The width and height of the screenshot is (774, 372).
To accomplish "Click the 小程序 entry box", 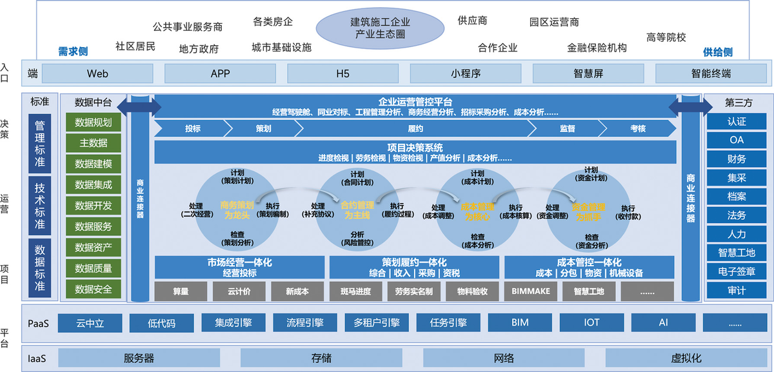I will pos(466,73).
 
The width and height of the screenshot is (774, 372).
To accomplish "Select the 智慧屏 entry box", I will pos(588,73).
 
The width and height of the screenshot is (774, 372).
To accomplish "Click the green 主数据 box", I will pos(94,143).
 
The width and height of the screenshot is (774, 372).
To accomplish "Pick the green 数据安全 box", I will pos(94,289).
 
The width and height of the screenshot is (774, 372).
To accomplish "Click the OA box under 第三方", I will pos(737,140).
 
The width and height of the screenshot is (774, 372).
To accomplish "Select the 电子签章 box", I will pos(737,271).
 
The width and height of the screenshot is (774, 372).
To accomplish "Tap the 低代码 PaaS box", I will pos(161,322).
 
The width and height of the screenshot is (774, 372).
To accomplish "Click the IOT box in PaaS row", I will pos(591,322).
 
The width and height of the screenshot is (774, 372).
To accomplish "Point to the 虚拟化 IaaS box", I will pos(686,358).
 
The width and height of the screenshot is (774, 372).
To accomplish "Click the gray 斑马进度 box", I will pos(355,291).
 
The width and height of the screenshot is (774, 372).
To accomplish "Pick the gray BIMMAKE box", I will pos(531,291).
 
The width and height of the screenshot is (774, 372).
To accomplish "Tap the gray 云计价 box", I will pos(239,291).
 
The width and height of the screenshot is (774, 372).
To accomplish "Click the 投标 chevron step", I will pos(192,128).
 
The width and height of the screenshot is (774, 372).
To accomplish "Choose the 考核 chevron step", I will pos(637,128).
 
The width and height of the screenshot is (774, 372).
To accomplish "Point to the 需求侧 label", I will pos(72,52).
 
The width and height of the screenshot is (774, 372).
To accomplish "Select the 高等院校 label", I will pos(666,37).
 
